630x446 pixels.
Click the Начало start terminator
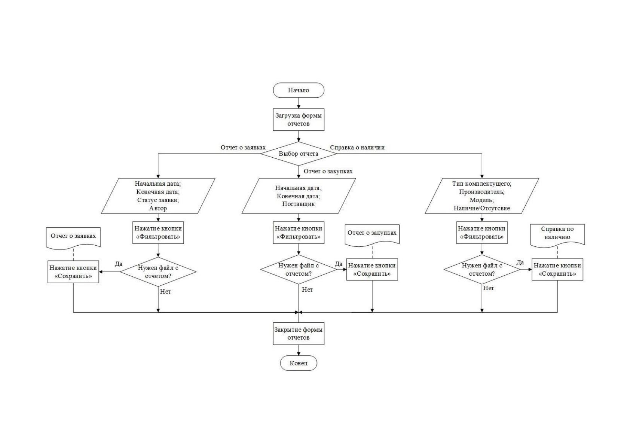click(x=299, y=90)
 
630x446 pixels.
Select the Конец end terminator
click(x=299, y=363)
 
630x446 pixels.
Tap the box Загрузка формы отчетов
click(x=299, y=119)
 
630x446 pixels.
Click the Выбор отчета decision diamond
click(x=299, y=154)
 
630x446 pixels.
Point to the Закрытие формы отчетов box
click(x=299, y=333)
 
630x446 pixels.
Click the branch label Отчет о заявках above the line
click(x=243, y=148)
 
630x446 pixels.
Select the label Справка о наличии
click(x=357, y=147)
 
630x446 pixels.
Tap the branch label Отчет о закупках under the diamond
click(x=328, y=171)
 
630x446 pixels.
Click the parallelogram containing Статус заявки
click(x=158, y=196)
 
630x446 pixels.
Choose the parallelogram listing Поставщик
click(x=299, y=196)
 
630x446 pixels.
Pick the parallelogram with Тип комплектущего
click(x=482, y=196)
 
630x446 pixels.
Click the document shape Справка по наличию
click(x=557, y=236)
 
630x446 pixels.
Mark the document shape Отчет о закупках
click(x=372, y=235)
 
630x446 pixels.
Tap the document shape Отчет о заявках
click(x=73, y=238)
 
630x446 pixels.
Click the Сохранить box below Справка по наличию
click(x=557, y=270)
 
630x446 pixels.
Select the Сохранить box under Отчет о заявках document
click(x=73, y=272)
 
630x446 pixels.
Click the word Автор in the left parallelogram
click(x=158, y=208)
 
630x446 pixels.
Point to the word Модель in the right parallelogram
click(x=481, y=200)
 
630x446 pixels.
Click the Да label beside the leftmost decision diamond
click(x=119, y=264)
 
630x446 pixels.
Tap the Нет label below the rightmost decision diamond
click(x=489, y=288)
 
